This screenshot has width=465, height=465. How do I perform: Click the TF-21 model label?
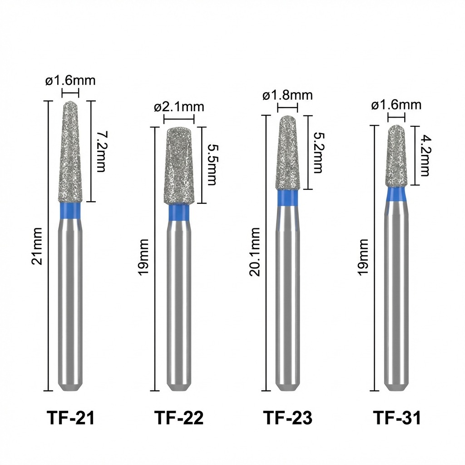[x=70, y=418]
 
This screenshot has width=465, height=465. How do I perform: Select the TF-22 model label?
[x=179, y=418]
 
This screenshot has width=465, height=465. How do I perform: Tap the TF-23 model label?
[x=287, y=418]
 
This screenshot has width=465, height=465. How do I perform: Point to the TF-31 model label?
[x=397, y=418]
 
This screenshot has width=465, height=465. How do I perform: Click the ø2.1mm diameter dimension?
[x=179, y=107]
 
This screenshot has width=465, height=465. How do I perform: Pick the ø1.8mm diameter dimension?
[x=287, y=95]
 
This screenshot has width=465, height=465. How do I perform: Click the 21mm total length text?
[x=38, y=246]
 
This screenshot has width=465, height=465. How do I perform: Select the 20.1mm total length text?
[x=255, y=252]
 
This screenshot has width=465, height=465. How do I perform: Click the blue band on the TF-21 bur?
[x=70, y=209]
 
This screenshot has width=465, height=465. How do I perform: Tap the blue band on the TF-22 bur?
[x=179, y=213]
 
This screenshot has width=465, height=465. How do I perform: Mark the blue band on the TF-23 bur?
[x=287, y=198]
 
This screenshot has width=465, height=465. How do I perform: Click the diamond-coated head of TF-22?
[x=179, y=166]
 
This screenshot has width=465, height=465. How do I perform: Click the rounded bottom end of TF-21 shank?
[x=70, y=386]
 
